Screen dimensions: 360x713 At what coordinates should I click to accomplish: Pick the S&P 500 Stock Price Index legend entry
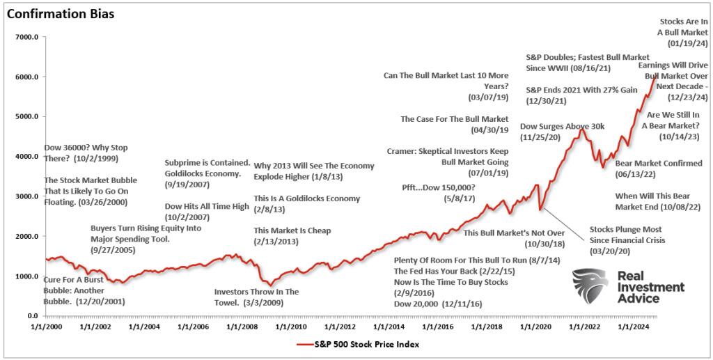(356, 344)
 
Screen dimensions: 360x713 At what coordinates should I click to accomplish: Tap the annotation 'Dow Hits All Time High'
(206, 206)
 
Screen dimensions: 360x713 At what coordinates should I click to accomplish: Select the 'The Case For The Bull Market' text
(454, 119)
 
